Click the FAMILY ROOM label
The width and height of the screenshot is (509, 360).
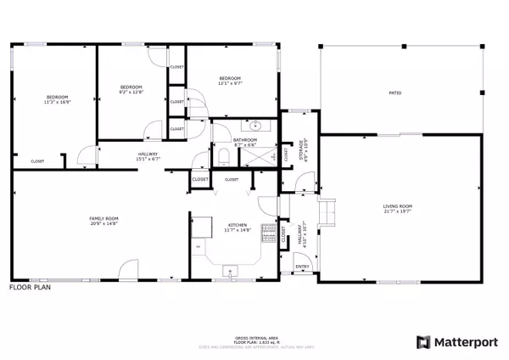pyautogui.click(x=104, y=218)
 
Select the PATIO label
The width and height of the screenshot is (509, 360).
pyautogui.click(x=394, y=93)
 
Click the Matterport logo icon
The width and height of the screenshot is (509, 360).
pyautogui.click(x=422, y=342)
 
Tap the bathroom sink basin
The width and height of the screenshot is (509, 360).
pyautogui.click(x=255, y=126)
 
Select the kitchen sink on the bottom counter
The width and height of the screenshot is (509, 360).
pyautogui.click(x=227, y=271)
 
